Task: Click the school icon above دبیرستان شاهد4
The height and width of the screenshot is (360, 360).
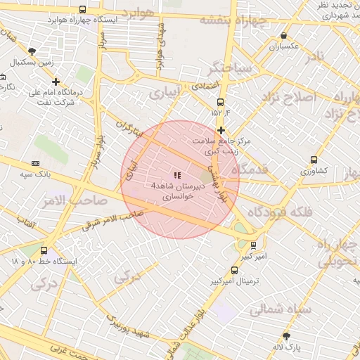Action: tap(176, 174)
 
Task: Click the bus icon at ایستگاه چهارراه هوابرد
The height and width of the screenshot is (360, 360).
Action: tap(83, 10)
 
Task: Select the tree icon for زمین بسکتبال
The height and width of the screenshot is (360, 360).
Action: tap(32, 51)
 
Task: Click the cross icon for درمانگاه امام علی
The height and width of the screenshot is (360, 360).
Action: tap(56, 82)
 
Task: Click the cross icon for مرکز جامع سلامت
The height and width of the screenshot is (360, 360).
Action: tap(221, 130)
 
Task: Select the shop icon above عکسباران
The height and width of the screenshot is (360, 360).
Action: tap(283, 36)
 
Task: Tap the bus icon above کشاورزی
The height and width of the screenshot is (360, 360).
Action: tap(314, 160)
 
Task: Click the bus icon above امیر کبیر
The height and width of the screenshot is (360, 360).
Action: tap(252, 245)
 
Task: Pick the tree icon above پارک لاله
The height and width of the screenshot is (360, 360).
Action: tap(286, 336)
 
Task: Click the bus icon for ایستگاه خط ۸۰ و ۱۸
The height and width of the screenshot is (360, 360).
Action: tap(44, 250)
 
